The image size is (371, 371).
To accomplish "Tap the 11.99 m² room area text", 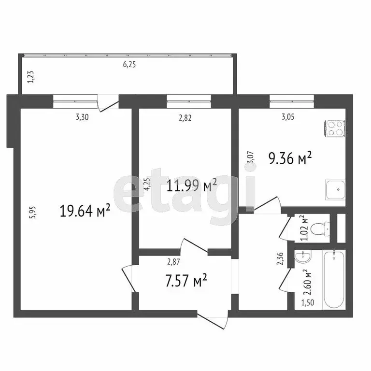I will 192,185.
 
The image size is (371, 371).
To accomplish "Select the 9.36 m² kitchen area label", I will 289,157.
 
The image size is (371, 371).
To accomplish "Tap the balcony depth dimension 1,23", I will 30,77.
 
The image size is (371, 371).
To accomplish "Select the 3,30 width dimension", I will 83,116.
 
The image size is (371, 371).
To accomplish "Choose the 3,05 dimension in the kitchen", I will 288,116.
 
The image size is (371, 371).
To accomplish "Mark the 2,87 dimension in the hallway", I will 174,262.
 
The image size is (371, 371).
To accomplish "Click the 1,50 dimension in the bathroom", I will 307,303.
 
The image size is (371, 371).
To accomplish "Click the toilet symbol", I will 320,228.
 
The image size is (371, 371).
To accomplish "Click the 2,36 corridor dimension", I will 279,261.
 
